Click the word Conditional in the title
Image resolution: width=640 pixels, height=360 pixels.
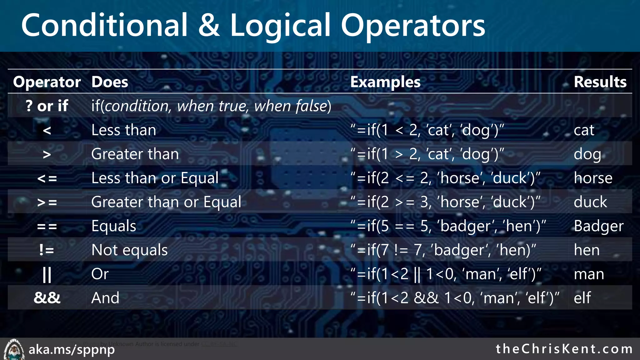pyautogui.click(x=104, y=26)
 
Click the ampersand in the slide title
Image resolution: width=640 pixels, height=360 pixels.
pyautogui.click(x=209, y=26)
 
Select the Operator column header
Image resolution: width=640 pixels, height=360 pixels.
pyautogui.click(x=47, y=82)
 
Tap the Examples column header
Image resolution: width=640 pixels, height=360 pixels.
pyautogui.click(x=385, y=82)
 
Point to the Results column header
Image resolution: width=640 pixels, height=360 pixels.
pyautogui.click(x=600, y=82)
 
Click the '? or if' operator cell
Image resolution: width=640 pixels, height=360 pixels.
pyautogui.click(x=47, y=106)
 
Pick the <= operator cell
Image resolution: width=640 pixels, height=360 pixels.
pyautogui.click(x=47, y=178)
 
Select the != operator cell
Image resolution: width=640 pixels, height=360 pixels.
pyautogui.click(x=47, y=250)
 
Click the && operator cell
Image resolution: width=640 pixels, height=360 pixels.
pyautogui.click(x=47, y=297)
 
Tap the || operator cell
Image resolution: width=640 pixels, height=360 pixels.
pyautogui.click(x=47, y=274)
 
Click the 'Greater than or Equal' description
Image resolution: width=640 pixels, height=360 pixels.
pyautogui.click(x=166, y=202)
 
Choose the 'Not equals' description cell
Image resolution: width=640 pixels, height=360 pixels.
pyautogui.click(x=129, y=250)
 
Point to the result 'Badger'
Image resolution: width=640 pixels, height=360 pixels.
pyautogui.click(x=598, y=226)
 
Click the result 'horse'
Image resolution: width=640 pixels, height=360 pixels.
pyautogui.click(x=593, y=178)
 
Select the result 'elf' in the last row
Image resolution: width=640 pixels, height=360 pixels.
pyautogui.click(x=582, y=297)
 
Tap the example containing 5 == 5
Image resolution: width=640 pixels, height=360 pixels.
pyautogui.click(x=448, y=226)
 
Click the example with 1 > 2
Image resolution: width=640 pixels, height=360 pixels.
pyautogui.click(x=427, y=154)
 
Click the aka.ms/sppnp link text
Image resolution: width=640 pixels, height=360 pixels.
pyautogui.click(x=72, y=349)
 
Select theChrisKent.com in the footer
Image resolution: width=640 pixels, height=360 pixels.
pyautogui.click(x=564, y=349)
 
